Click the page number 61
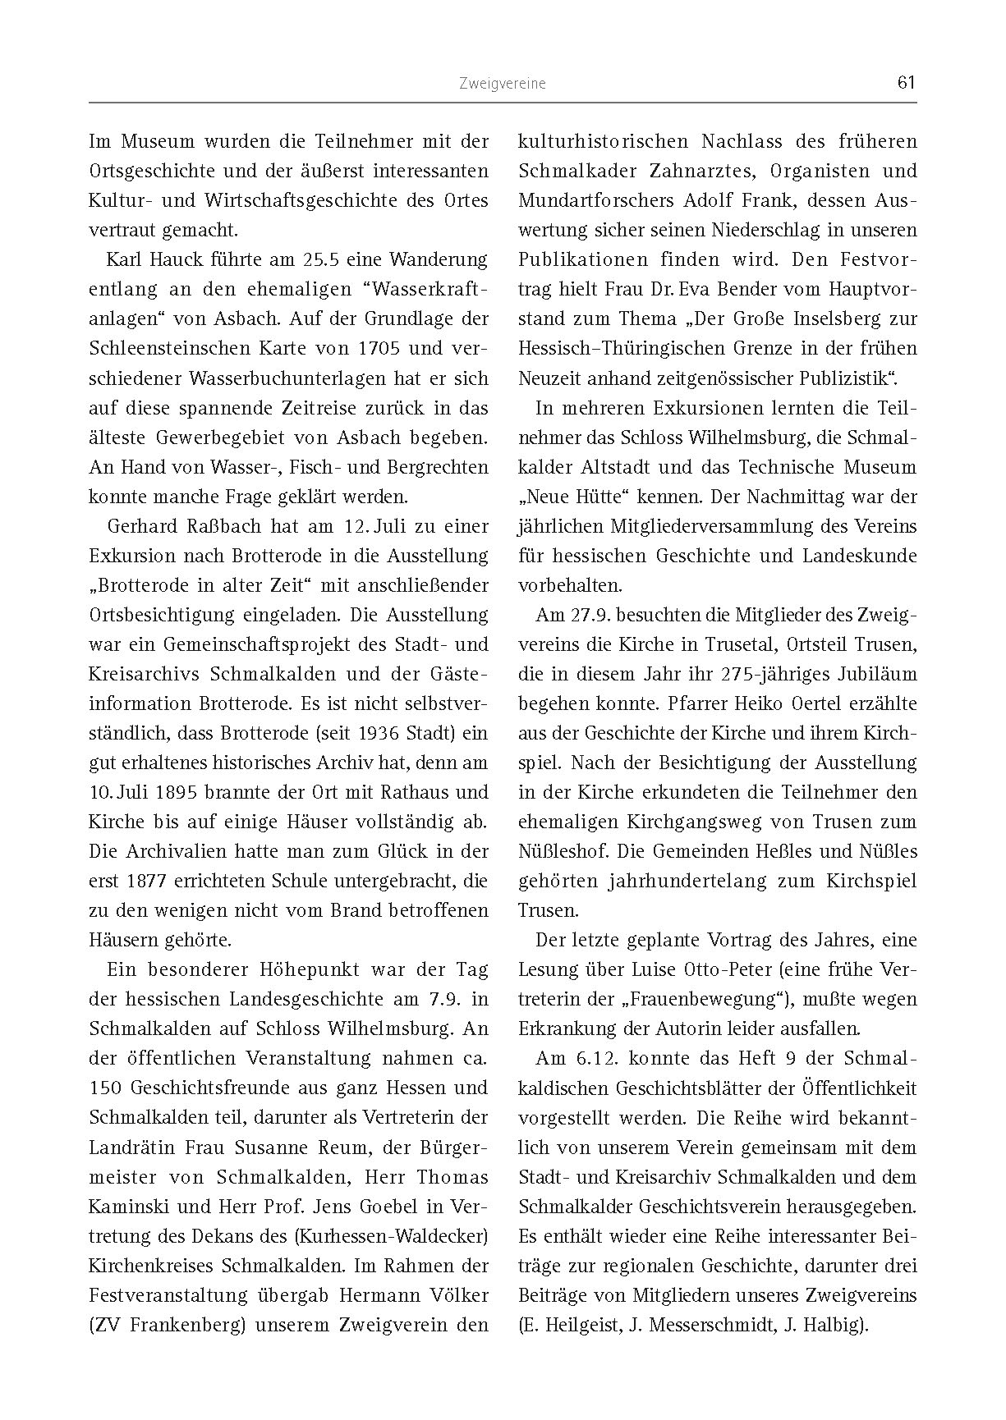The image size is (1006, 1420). point(907,82)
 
